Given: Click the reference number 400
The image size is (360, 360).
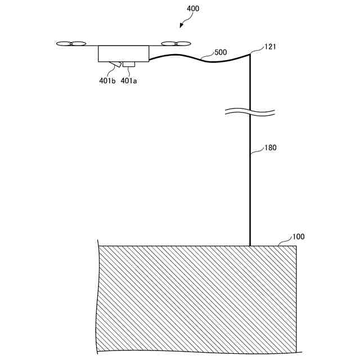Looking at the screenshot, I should pyautogui.click(x=192, y=8).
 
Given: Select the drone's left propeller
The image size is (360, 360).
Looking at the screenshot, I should pyautogui.click(x=71, y=43).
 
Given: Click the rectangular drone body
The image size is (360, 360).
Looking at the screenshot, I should pyautogui.click(x=123, y=53).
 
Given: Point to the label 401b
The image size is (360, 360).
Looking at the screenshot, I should pyautogui.click(x=107, y=80).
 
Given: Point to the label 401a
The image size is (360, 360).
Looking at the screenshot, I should pyautogui.click(x=129, y=80).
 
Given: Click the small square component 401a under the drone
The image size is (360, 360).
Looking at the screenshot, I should pyautogui.click(x=129, y=64).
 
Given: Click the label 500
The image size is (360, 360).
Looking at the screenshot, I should pyautogui.click(x=220, y=52).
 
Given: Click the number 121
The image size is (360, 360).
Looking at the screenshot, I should pyautogui.click(x=270, y=47).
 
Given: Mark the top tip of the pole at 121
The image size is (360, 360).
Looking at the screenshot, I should pyautogui.click(x=250, y=53).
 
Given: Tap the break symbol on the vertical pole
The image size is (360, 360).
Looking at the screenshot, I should pyautogui.click(x=250, y=111).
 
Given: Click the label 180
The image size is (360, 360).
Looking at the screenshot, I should pyautogui.click(x=271, y=148).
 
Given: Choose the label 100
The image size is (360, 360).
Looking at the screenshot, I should pyautogui.click(x=298, y=237).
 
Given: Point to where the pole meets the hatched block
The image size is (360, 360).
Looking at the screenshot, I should pyautogui.click(x=250, y=245).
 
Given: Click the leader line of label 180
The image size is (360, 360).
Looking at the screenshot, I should pyautogui.click(x=258, y=152).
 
